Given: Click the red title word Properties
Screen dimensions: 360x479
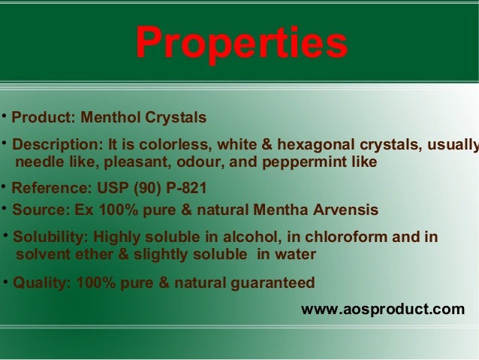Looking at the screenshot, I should click(242, 43).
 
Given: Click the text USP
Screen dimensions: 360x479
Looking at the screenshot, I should click(113, 188).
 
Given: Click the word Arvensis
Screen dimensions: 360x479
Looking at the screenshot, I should click(342, 210).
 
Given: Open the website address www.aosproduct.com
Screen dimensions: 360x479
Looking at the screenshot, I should click(382, 309).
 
